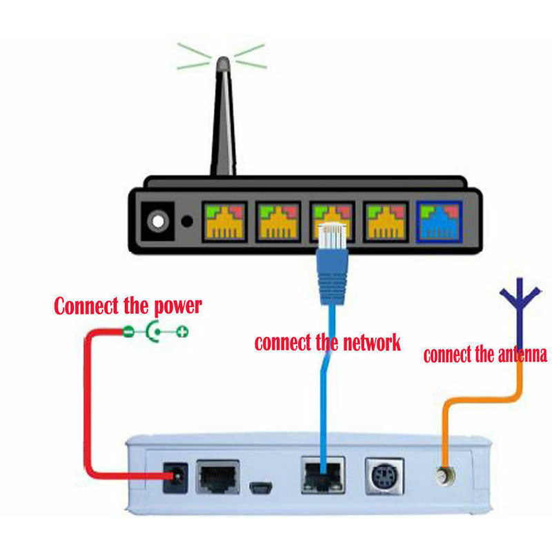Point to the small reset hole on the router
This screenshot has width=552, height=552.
click(x=186, y=222)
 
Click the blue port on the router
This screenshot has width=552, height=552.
click(x=440, y=221)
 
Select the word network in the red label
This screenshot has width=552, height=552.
click(x=366, y=343)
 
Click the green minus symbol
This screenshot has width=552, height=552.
click(x=129, y=333)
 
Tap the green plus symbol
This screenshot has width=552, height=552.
click(x=182, y=333)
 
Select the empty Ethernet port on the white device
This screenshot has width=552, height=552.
click(x=218, y=477)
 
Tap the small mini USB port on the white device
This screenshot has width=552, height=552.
click(x=262, y=488)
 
